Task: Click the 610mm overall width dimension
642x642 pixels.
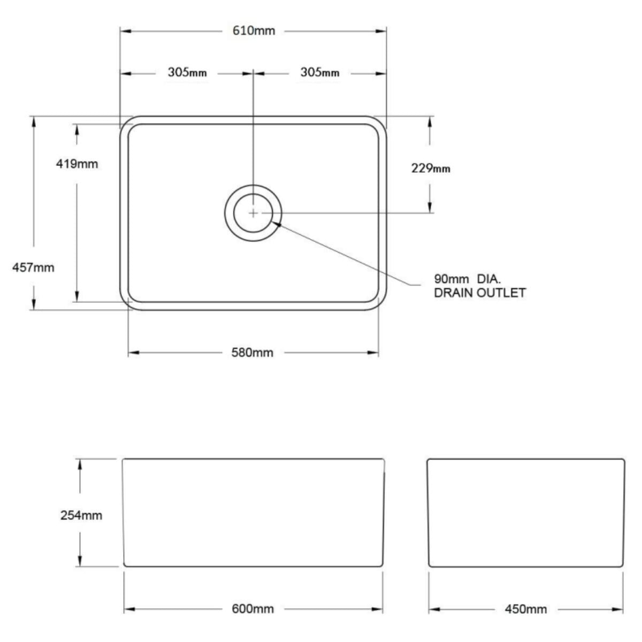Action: click(254, 31)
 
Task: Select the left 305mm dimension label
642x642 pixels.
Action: click(187, 72)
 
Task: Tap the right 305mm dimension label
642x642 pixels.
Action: click(320, 72)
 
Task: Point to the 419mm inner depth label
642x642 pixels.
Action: click(77, 164)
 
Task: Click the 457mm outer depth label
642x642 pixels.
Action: click(33, 267)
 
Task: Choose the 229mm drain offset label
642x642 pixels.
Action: click(431, 168)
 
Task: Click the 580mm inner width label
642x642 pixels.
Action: click(253, 353)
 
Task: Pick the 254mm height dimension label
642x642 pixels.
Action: click(81, 515)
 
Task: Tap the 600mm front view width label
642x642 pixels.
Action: click(253, 609)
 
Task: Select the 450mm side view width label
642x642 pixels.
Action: click(526, 609)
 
